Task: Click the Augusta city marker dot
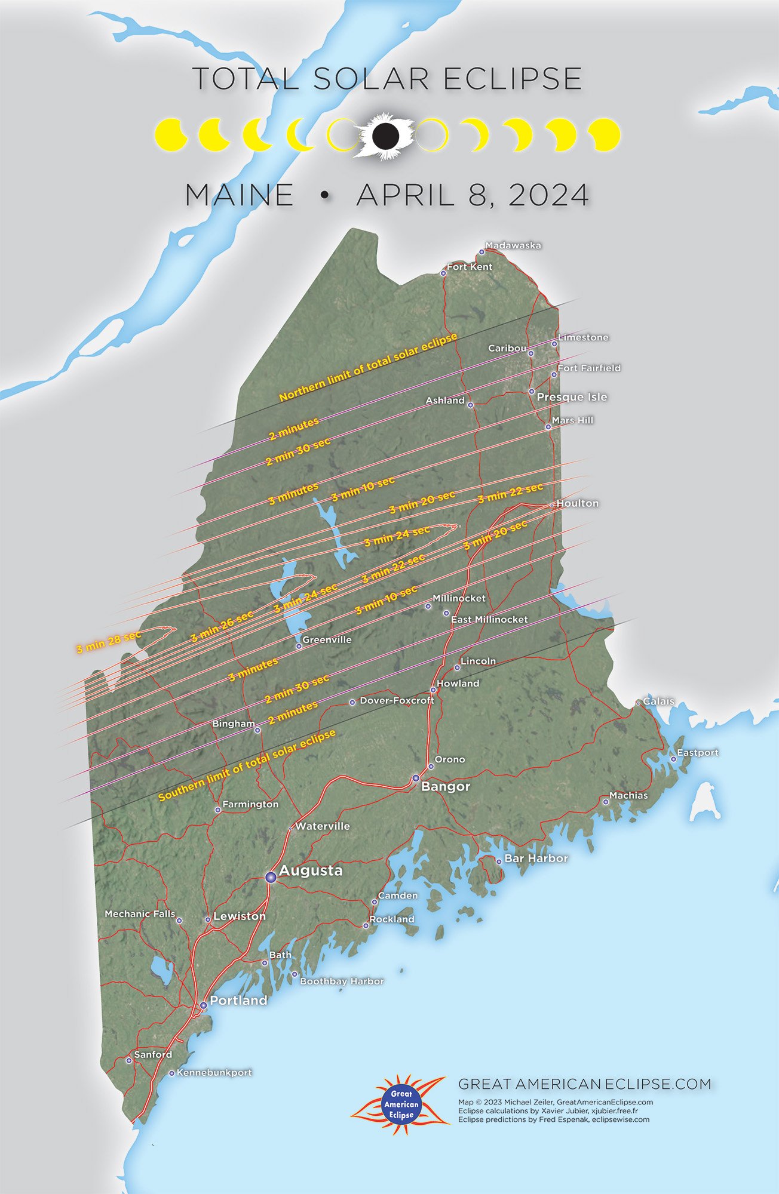271,876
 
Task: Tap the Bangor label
446,786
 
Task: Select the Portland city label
238,1000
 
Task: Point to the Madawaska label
513,245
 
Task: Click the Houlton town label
577,503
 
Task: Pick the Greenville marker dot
299,646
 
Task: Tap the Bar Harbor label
536,858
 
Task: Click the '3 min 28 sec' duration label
109,642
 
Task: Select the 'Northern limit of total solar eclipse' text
368,367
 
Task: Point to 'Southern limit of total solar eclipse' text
247,765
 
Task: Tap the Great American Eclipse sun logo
401,1104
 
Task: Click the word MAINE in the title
240,195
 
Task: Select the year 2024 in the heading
548,195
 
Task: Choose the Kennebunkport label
214,1072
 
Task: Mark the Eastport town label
697,752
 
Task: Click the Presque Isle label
572,397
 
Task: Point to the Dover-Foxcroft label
397,700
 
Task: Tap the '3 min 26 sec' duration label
222,626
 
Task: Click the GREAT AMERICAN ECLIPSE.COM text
584,1084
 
